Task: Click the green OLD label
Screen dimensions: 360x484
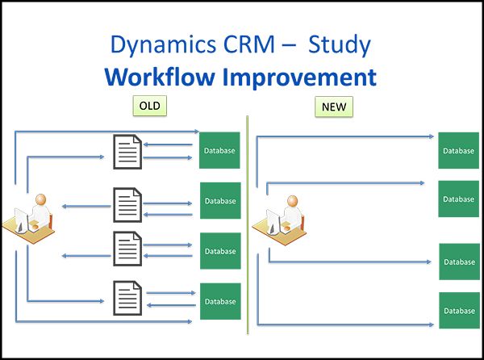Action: tap(150, 106)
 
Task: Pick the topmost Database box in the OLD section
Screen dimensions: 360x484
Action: tap(219, 150)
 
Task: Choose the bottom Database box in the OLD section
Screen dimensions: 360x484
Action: tap(219, 301)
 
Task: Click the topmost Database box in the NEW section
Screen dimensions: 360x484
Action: tap(458, 150)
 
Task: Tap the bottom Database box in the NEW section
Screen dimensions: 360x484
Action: tap(458, 311)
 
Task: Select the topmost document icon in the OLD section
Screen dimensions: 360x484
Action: tap(127, 152)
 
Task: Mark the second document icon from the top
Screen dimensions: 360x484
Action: tap(127, 203)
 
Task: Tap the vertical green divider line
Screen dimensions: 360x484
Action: tap(248, 226)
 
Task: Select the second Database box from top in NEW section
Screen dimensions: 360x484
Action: tap(458, 199)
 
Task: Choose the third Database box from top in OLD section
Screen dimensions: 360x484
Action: tap(219, 251)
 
